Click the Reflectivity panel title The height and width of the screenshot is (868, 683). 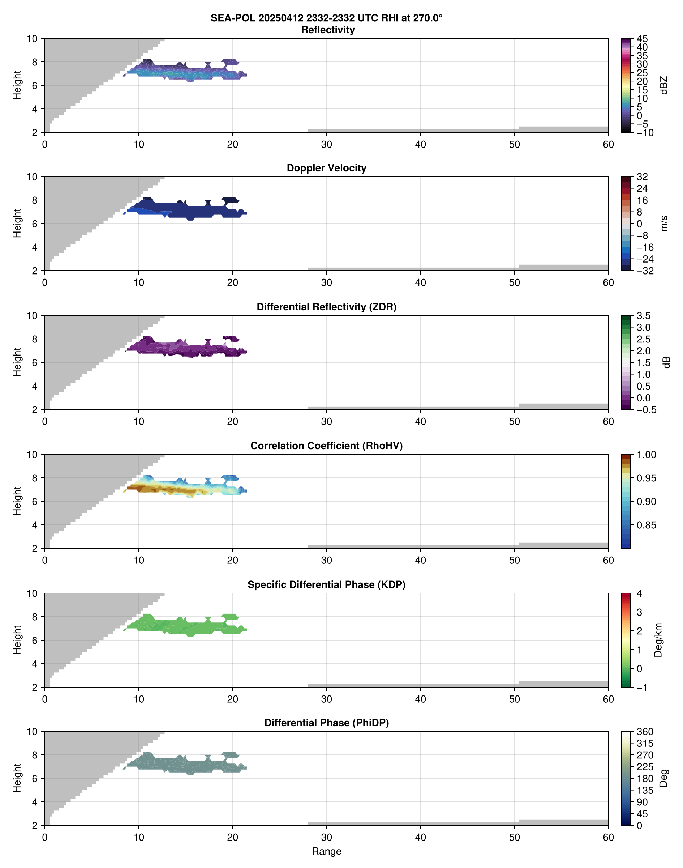pos(328,30)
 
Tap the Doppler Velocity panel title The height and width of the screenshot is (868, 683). pos(326,168)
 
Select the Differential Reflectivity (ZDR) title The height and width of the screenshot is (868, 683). pos(326,307)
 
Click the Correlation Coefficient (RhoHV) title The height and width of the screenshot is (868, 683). pos(326,446)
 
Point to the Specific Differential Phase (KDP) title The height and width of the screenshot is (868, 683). pos(326,585)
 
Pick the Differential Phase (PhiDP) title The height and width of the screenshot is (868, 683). pos(326,723)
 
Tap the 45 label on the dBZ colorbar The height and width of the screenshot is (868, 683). pos(642,39)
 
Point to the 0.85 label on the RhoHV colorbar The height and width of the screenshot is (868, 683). pos(646,525)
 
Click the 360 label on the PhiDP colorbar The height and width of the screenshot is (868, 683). pos(645,732)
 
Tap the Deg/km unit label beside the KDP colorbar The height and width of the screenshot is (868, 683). pos(658,640)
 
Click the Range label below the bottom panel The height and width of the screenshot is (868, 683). pos(326,851)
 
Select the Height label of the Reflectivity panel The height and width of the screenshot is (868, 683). pos(17,85)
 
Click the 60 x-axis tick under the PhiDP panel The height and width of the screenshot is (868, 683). pos(608,837)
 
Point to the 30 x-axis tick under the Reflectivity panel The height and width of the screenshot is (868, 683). pos(326,144)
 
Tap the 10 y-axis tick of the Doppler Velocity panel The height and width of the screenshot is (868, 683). pos(32,177)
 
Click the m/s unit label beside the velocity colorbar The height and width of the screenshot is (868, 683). pos(664,223)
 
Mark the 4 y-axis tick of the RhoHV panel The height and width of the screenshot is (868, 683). pos(35,525)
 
